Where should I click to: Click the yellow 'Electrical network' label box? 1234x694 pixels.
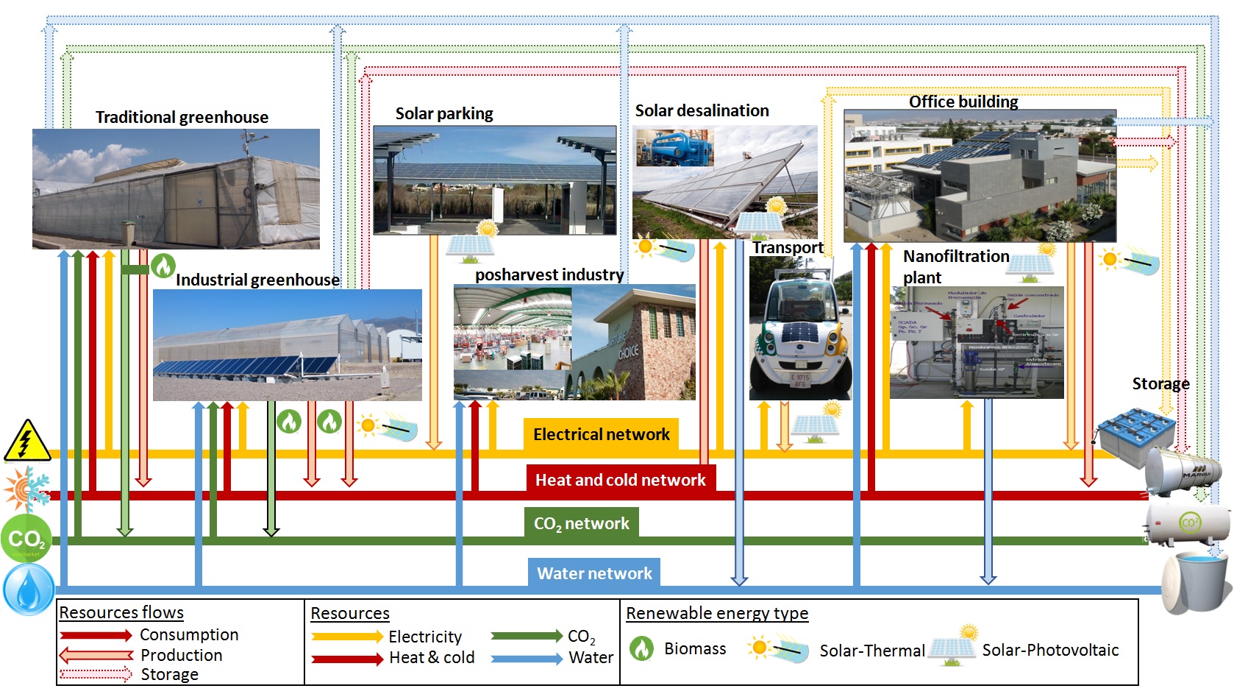click(601, 434)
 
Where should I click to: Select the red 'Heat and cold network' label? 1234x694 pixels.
click(620, 480)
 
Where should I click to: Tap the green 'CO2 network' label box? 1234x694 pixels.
click(581, 523)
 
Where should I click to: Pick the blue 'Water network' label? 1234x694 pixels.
click(594, 573)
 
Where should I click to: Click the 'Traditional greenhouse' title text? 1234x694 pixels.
click(182, 117)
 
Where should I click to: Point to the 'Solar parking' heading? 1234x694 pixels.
click(444, 113)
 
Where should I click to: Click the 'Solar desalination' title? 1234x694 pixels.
click(702, 110)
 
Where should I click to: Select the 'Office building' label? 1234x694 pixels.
click(963, 102)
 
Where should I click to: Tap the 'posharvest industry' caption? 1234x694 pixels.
click(549, 275)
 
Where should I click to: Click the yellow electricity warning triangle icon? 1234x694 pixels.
click(27, 441)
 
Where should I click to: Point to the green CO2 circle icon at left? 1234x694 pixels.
click(26, 539)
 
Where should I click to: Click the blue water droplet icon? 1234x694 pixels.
click(29, 589)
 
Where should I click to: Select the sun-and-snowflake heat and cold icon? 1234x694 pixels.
click(26, 488)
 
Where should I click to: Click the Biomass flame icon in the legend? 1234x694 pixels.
click(642, 648)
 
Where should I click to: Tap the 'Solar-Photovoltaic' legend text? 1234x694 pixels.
click(1050, 650)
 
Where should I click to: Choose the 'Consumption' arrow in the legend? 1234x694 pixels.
click(96, 635)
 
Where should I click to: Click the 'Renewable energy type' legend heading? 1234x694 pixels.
click(717, 613)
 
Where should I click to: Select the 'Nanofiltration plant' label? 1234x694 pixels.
click(955, 266)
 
